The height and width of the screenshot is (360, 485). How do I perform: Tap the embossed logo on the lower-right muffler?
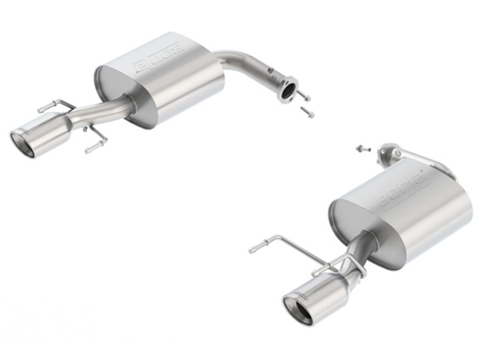coord(400,192)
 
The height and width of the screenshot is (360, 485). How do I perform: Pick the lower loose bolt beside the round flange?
coord(308,112)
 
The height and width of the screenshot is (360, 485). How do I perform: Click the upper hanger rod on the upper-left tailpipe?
coord(55,106)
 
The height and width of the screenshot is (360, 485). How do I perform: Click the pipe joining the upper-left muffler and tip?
coord(103,113)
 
